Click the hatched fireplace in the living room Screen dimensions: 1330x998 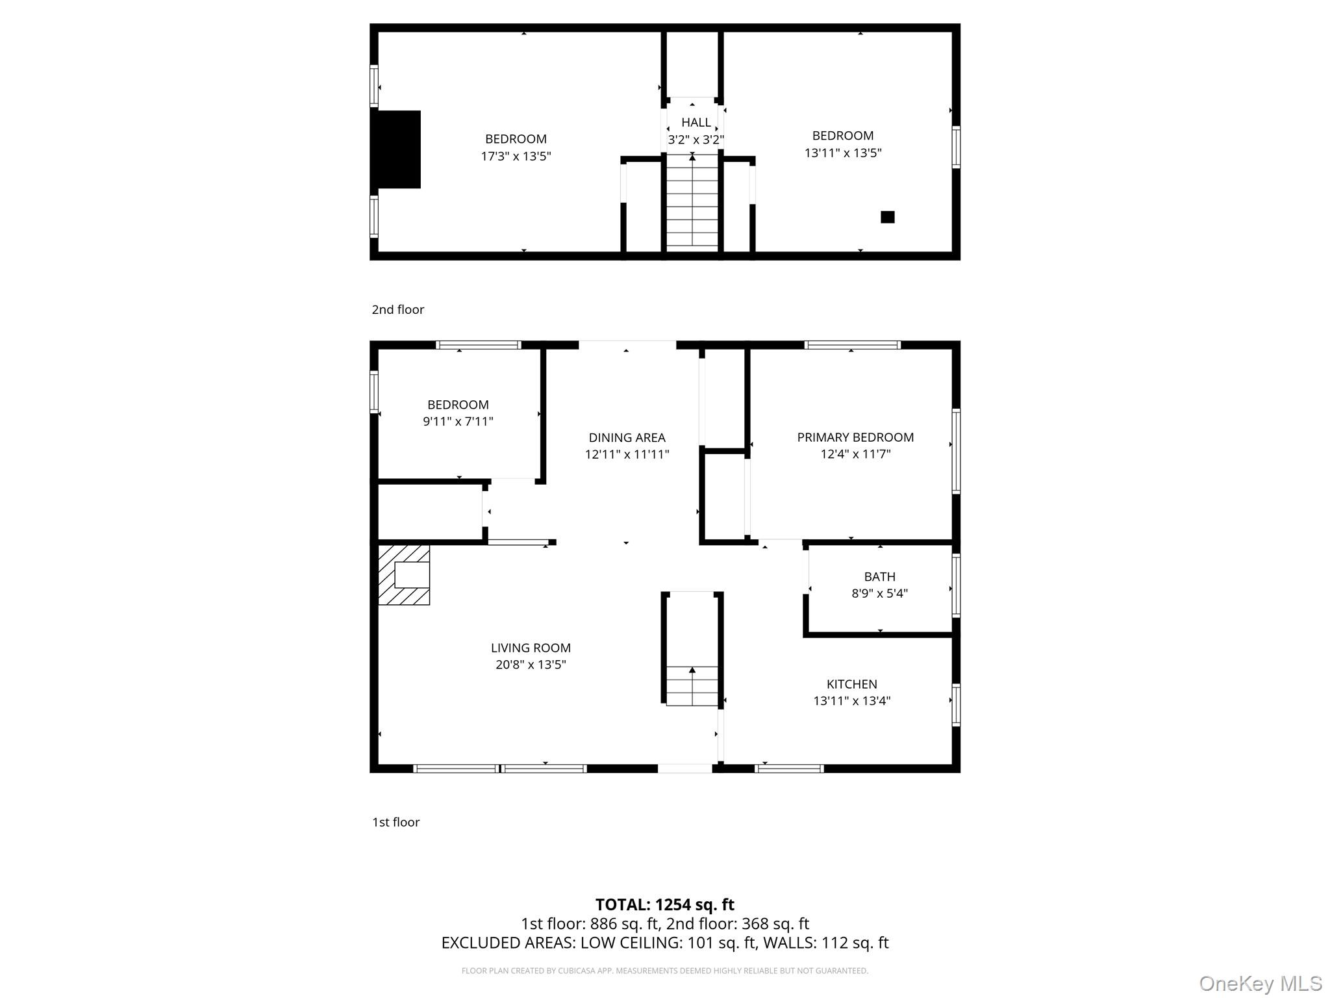(404, 575)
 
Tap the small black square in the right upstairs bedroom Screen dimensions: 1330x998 (887, 217)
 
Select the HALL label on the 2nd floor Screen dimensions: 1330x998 (696, 122)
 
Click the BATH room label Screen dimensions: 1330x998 (879, 576)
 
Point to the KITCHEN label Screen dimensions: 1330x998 (852, 684)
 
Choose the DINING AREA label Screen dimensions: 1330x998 (627, 438)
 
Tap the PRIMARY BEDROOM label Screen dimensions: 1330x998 (855, 437)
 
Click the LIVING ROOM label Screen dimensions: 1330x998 (531, 648)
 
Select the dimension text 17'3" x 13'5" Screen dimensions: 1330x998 (516, 156)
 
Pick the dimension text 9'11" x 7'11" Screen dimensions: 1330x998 (458, 421)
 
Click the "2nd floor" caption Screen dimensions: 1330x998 (397, 309)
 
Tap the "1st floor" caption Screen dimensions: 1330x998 (395, 822)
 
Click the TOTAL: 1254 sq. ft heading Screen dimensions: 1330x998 (665, 904)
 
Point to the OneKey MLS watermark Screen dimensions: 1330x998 (1260, 983)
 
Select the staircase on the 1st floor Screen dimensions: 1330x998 (692, 686)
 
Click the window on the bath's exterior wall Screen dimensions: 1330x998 (956, 585)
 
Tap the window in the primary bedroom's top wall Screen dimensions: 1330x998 (852, 345)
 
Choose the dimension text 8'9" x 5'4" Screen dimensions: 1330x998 (879, 593)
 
